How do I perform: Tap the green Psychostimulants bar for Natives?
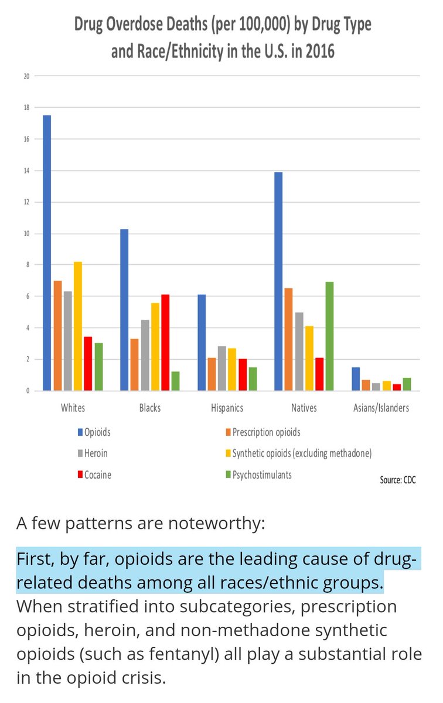click(x=329, y=336)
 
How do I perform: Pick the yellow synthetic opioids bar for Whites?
click(x=77, y=326)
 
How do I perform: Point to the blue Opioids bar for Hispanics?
click(x=202, y=342)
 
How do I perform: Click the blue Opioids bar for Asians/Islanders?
click(x=355, y=379)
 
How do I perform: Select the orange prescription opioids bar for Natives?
click(x=289, y=339)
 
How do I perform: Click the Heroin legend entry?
click(x=96, y=453)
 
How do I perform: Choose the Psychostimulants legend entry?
click(x=262, y=475)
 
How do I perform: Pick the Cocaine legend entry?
click(x=97, y=475)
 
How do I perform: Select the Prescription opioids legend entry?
click(x=266, y=432)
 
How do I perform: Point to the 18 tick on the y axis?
click(x=26, y=108)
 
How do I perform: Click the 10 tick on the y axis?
click(x=26, y=234)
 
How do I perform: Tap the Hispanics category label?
click(x=226, y=408)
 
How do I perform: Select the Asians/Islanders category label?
click(x=380, y=408)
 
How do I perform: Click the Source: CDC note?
click(x=398, y=480)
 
